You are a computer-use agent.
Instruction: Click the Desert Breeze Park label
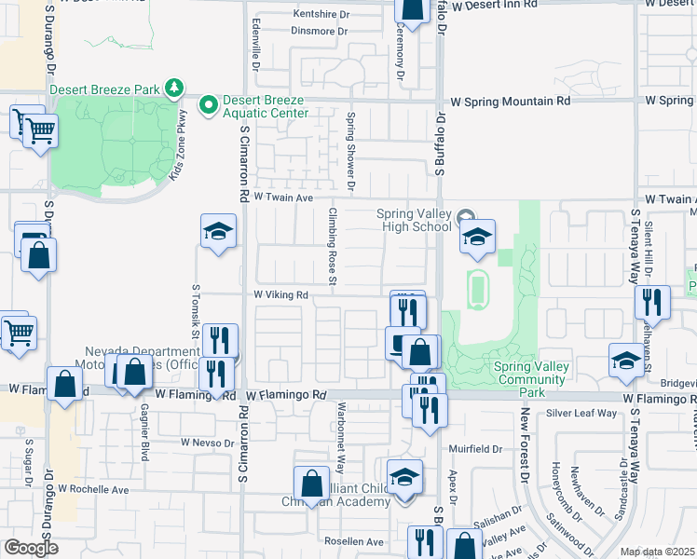point(105,89)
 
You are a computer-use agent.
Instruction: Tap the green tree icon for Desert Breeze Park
point(173,89)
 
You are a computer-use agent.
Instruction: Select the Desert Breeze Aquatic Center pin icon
point(209,102)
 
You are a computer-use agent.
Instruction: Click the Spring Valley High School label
point(414,220)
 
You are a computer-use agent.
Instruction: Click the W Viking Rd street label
point(281,294)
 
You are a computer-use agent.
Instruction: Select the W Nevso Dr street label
point(208,442)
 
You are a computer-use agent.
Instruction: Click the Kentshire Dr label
point(320,14)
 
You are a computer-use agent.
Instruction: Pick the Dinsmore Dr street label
point(320,31)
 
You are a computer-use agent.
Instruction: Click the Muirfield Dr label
point(475,448)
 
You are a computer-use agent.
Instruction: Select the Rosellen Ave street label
point(353,541)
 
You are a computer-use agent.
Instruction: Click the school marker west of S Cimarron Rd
point(218,232)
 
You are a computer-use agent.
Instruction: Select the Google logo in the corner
point(30,548)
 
